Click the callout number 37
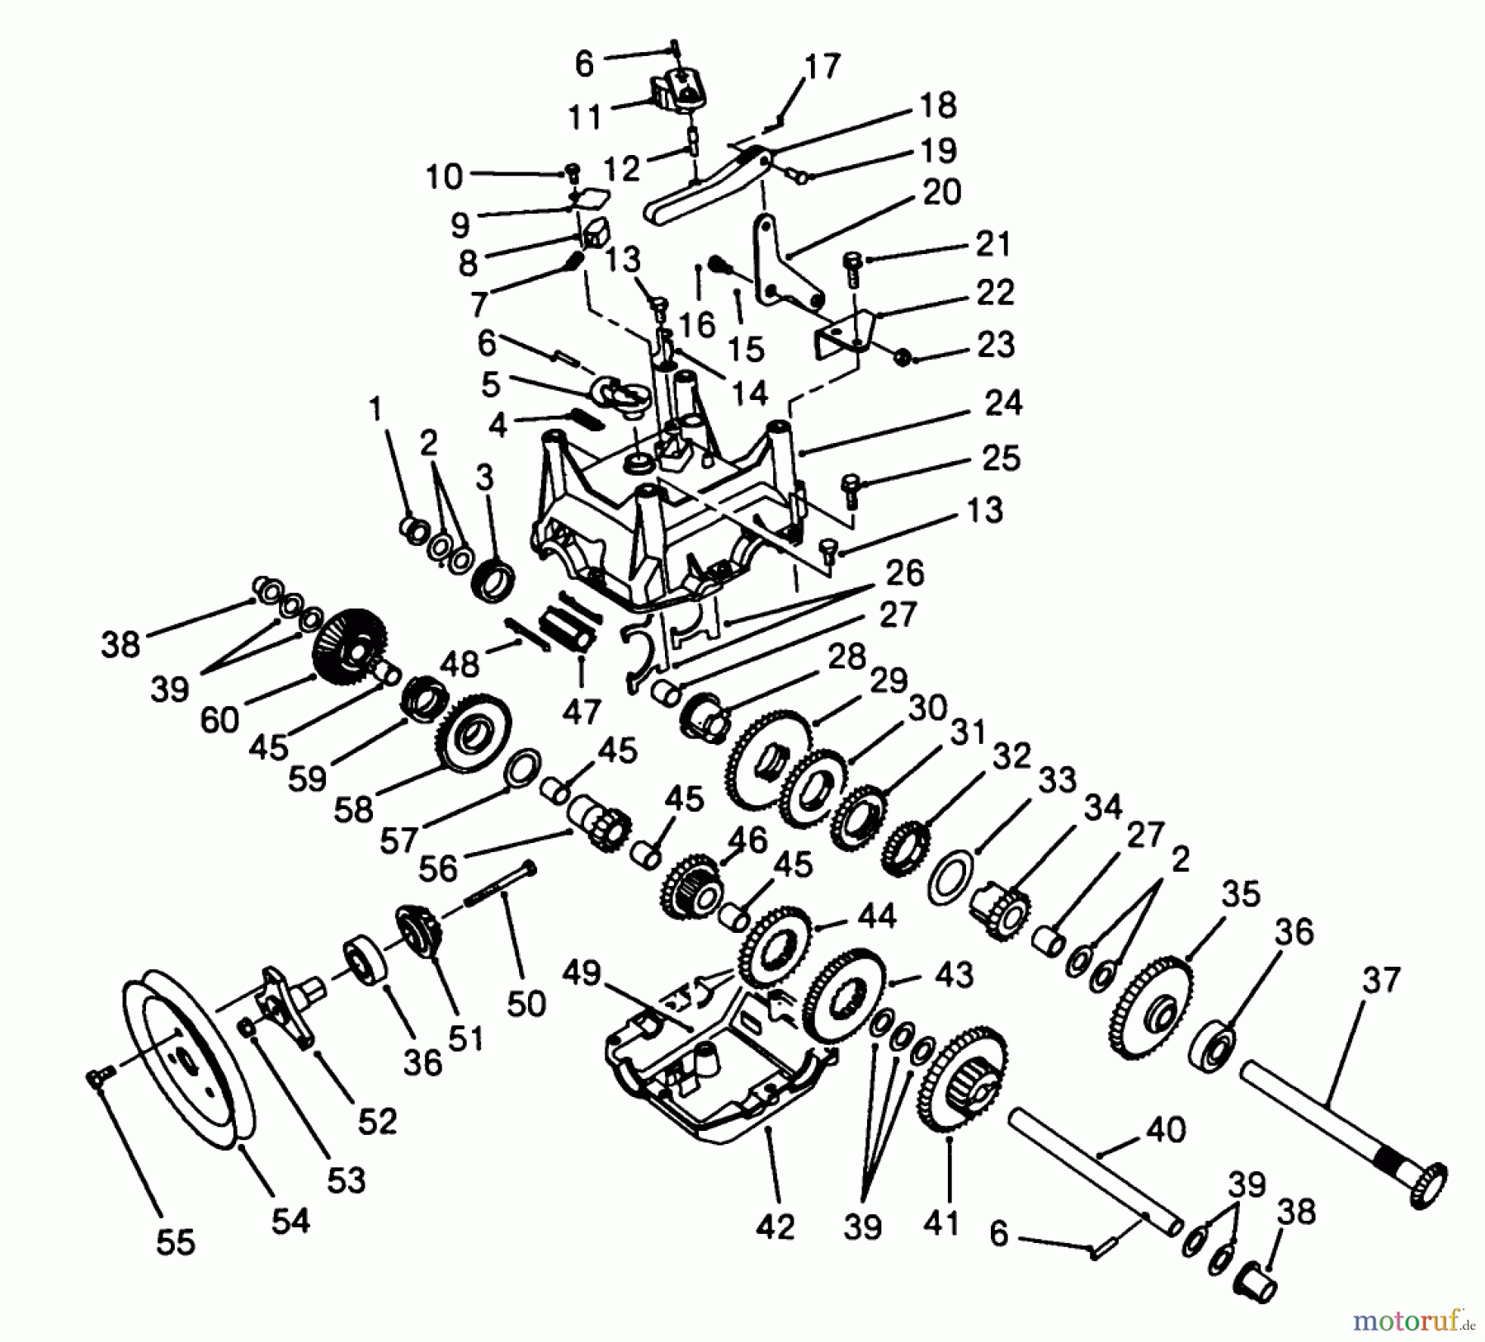[x=1379, y=981]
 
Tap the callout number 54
[x=290, y=1220]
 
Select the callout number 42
[x=775, y=1227]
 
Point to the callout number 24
[x=1003, y=403]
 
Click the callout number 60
[x=219, y=720]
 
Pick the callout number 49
[x=582, y=974]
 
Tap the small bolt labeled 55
[x=98, y=1076]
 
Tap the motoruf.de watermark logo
[x=1411, y=1321]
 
